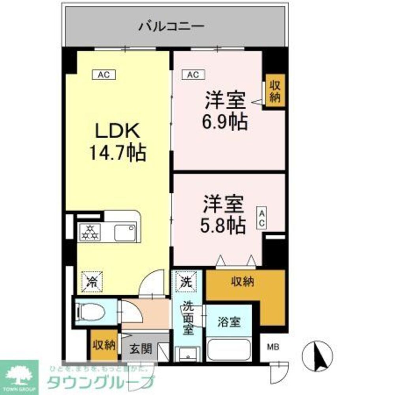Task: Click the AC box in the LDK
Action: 103,74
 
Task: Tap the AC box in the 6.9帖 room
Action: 193,74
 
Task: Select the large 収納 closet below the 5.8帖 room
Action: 243,282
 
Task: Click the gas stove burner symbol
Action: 89,233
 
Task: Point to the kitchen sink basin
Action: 125,233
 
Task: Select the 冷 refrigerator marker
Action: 92,282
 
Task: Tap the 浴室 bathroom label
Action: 229,322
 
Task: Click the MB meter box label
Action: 273,348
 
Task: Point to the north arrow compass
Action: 317,355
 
